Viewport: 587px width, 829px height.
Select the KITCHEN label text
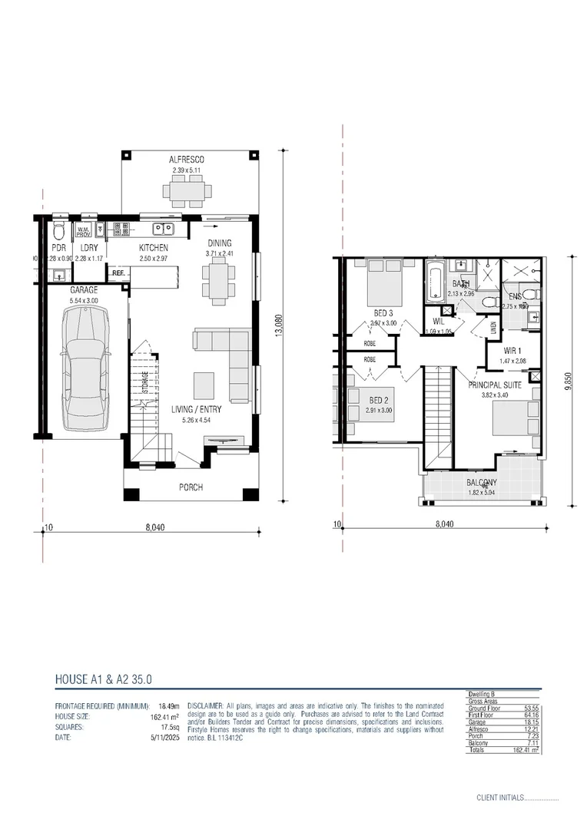click(154, 248)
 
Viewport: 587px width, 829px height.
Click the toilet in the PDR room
click(58, 232)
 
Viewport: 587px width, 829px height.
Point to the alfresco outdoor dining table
click(187, 190)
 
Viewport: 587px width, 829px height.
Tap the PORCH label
click(191, 487)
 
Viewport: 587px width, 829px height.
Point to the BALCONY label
click(482, 483)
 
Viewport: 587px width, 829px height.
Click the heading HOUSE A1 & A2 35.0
click(104, 679)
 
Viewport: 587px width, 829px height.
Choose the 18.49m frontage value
click(168, 705)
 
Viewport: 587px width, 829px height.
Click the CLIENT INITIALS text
click(499, 798)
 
